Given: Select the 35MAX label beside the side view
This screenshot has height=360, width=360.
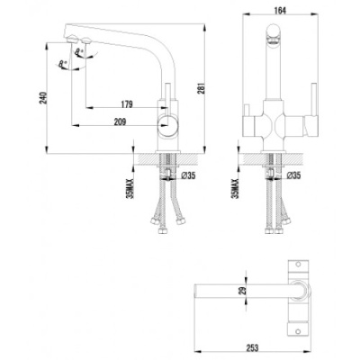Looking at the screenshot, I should [x=131, y=185].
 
